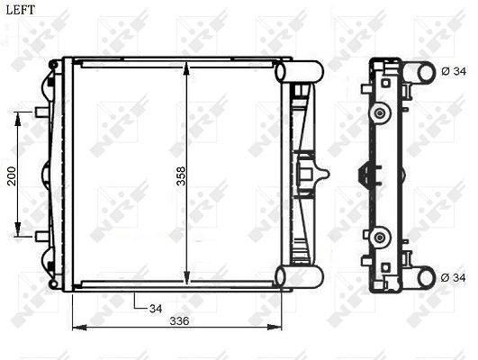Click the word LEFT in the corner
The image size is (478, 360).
[x=21, y=10]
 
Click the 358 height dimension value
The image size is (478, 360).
[x=181, y=176]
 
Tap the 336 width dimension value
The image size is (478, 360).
[x=179, y=320]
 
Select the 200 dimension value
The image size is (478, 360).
[x=12, y=176]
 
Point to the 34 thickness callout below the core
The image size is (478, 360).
[x=156, y=309]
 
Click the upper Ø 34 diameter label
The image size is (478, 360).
[x=454, y=71]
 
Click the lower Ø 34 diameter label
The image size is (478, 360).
[x=454, y=278]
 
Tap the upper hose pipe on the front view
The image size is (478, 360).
[x=299, y=71]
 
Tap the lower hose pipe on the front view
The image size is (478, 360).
[x=299, y=276]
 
